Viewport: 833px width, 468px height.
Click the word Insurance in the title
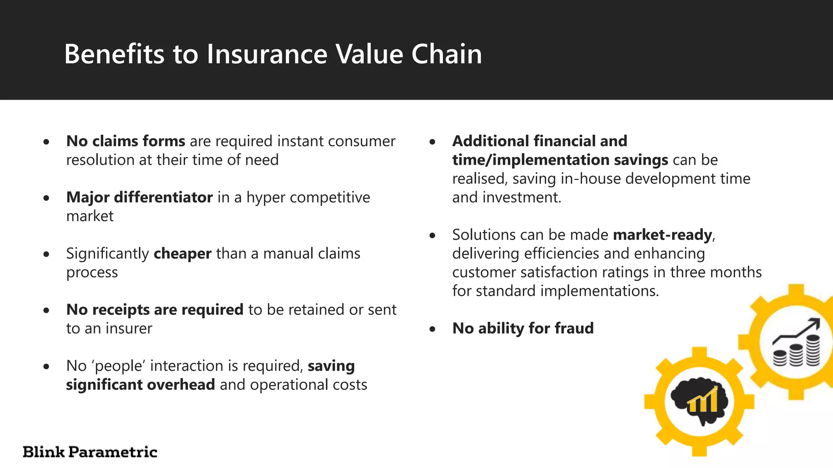(267, 54)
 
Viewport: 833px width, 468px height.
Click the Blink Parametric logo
(90, 452)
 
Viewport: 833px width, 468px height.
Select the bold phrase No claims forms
(126, 141)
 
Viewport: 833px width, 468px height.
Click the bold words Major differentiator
(140, 197)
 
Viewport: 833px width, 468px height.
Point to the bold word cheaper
(183, 253)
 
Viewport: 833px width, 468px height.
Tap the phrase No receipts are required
(155, 310)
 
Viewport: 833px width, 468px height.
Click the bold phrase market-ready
(663, 235)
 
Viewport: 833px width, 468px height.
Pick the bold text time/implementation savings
(560, 160)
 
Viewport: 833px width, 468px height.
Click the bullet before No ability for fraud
(432, 329)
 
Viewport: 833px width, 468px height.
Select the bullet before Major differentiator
(47, 198)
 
